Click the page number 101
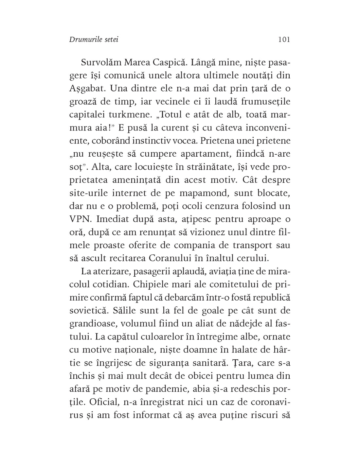pos(284,40)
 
